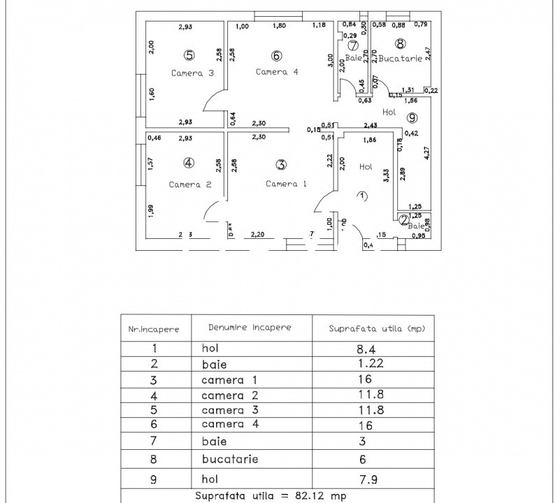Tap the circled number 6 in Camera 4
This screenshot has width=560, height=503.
point(276,56)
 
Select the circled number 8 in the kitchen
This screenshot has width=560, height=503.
point(400,43)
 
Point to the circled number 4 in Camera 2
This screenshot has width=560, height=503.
point(188,163)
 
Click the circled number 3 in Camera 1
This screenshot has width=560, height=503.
point(281,165)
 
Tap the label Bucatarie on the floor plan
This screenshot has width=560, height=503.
point(401,59)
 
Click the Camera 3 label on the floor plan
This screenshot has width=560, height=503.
point(186,73)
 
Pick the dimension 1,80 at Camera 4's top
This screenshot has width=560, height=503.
point(278,27)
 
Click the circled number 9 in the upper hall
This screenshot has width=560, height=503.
point(412,117)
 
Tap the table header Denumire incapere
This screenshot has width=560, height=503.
point(250,327)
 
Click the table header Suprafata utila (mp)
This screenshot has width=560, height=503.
point(377,328)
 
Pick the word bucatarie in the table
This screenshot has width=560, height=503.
point(230,460)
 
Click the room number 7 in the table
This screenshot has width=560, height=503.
point(155,441)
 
